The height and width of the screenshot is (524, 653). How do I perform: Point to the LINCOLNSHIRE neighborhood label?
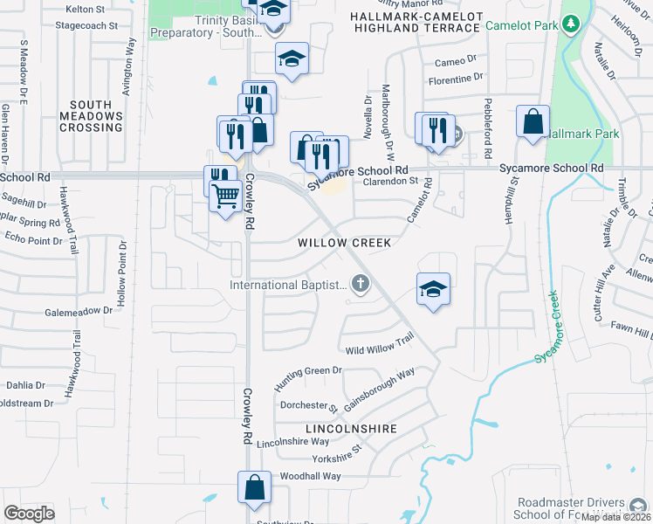pyautogui.click(x=352, y=429)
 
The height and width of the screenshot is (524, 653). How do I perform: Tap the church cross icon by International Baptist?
pyautogui.click(x=360, y=282)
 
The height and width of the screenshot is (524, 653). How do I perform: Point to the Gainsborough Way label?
pyautogui.click(x=379, y=389)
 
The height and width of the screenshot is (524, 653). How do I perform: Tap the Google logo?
pyautogui.click(x=30, y=513)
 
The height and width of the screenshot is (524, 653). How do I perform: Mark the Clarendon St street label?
pyautogui.click(x=391, y=181)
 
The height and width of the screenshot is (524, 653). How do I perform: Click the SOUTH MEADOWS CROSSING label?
pyautogui.click(x=91, y=115)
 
